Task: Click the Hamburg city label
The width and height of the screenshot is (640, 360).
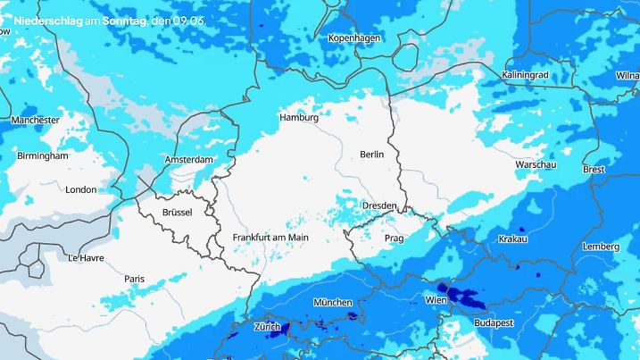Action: tap(299, 118)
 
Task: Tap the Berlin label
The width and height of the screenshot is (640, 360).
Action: tap(371, 155)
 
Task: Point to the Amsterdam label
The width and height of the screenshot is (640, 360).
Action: tap(189, 160)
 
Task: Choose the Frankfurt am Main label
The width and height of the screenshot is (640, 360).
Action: tap(270, 237)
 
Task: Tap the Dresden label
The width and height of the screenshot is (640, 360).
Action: tap(379, 205)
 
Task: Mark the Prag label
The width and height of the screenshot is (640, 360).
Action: tap(395, 239)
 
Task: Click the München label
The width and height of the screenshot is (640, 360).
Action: tap(333, 303)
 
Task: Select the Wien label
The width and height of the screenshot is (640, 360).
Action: tap(436, 298)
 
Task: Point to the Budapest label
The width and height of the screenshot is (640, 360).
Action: tap(493, 321)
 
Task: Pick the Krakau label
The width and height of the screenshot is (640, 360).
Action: tap(512, 239)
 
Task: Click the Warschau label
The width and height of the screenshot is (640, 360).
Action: tap(536, 165)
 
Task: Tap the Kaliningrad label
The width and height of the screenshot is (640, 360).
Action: tap(525, 75)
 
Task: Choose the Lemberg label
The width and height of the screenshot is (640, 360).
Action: tap(600, 247)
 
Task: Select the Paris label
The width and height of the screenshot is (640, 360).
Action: tap(134, 279)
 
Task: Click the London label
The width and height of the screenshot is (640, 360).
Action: tap(80, 189)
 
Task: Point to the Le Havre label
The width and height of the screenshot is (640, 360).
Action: tap(86, 257)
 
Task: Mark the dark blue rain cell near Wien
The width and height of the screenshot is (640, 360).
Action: tap(461, 295)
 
